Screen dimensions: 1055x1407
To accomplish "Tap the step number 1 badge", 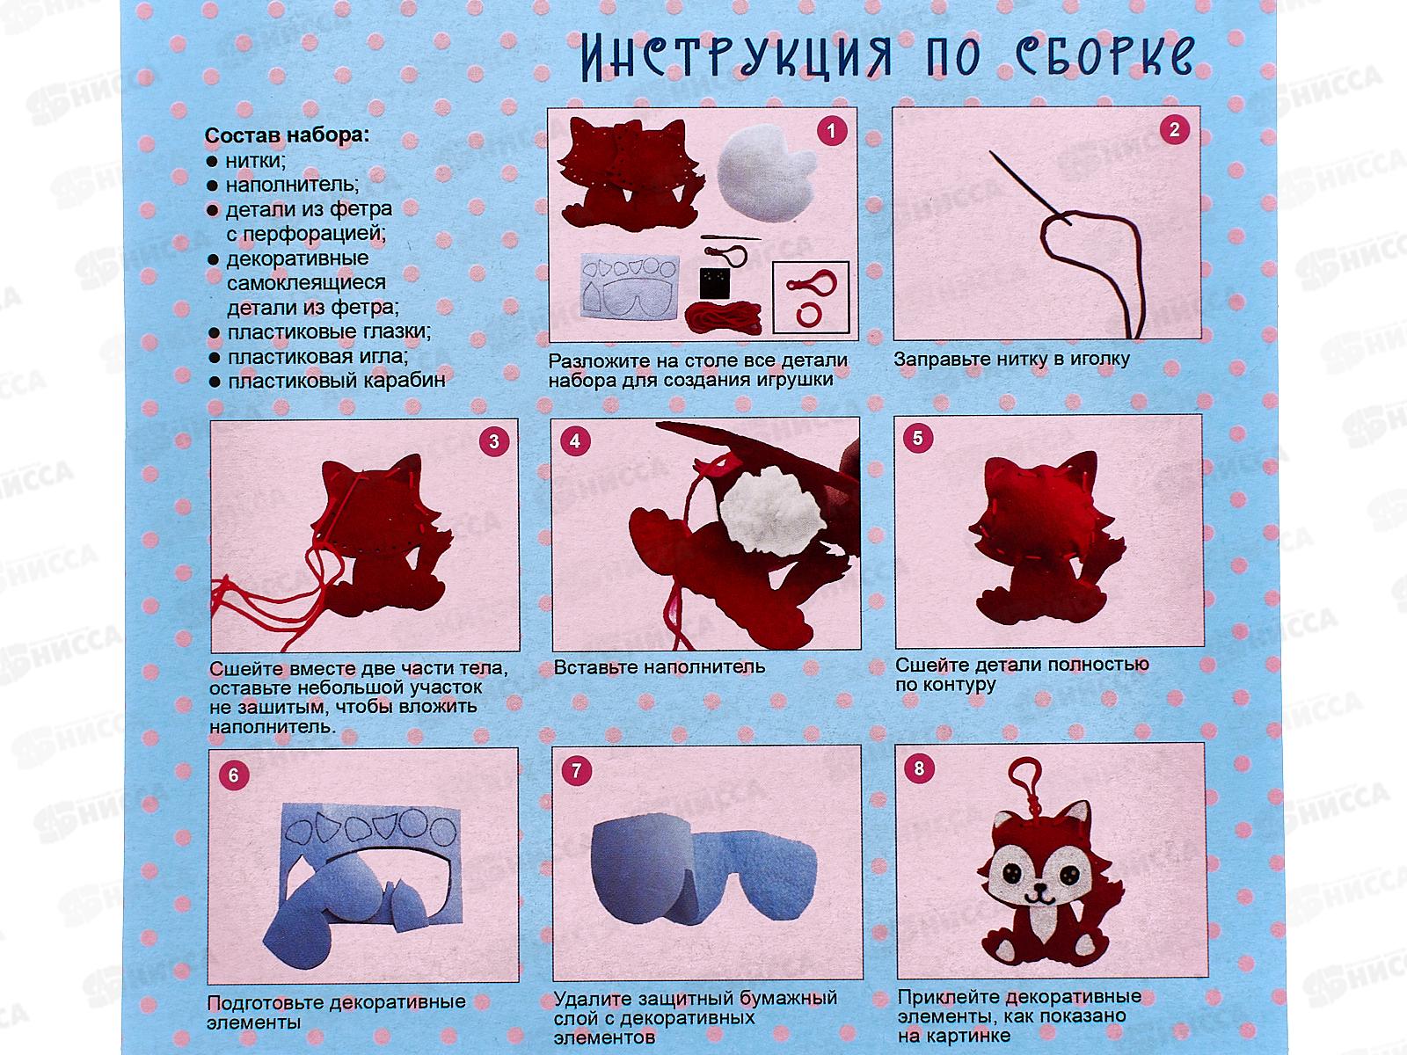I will coord(831,132).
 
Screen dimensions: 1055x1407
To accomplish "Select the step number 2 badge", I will coord(1174,131).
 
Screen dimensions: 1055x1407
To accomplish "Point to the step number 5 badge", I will coord(918,438).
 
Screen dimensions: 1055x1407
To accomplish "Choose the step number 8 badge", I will coord(919,768).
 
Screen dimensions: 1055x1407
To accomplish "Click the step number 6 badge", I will coord(233,775).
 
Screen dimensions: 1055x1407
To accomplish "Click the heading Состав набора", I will coord(288,136).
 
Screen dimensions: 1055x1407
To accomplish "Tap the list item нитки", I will coord(255,161).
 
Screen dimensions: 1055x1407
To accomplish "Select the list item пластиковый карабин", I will coord(336,381).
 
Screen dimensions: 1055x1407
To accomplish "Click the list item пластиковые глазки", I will coord(329,332).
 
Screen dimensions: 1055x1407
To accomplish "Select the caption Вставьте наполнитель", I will coord(660,667).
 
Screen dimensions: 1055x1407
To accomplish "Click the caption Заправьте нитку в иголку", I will coord(1011,360).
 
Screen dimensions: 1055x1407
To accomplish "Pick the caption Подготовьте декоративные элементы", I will coord(336,1012).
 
